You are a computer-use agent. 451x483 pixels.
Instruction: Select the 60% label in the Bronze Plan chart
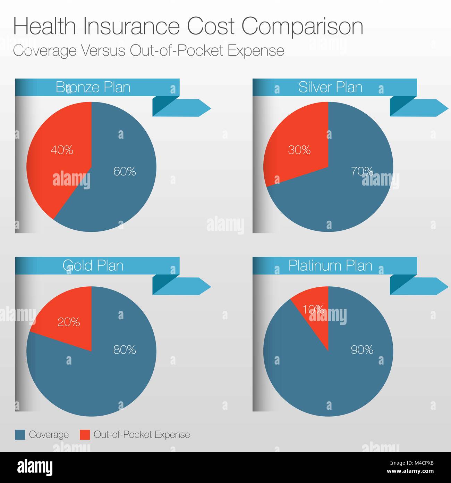[x=125, y=171]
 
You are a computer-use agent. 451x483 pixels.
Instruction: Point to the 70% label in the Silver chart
[x=361, y=171]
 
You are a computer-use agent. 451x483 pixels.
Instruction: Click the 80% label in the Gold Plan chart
[x=125, y=350]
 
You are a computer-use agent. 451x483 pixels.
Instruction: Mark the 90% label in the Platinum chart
[x=362, y=350]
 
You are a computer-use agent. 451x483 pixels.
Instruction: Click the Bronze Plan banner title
[x=93, y=87]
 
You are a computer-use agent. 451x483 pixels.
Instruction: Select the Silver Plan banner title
[x=330, y=87]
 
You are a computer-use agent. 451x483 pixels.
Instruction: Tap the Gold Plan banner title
[x=93, y=266]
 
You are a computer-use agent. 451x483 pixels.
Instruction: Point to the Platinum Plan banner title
[x=330, y=266]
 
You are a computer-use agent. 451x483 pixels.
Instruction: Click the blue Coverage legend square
[x=20, y=435]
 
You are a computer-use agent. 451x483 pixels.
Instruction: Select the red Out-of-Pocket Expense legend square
[x=85, y=435]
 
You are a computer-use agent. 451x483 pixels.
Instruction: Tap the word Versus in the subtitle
[x=103, y=51]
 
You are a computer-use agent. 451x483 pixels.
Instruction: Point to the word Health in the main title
[x=44, y=26]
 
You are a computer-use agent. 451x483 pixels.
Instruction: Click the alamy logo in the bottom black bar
[x=35, y=467]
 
